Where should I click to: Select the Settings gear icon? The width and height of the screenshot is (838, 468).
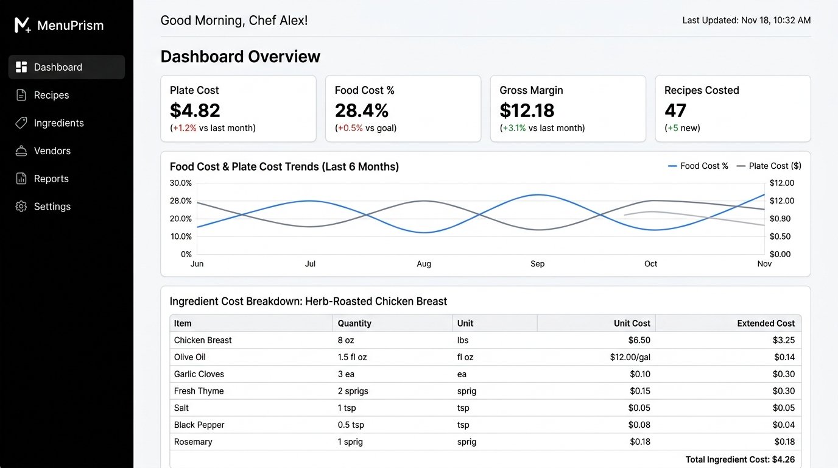(x=21, y=207)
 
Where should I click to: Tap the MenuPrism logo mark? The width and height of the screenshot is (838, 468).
(x=23, y=25)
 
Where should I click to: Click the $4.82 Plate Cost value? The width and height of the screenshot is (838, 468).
(x=195, y=110)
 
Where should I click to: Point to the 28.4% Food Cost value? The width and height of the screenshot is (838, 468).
(x=362, y=110)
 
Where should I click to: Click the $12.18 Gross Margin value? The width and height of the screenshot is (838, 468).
(x=527, y=110)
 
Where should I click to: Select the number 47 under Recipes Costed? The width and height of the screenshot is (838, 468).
(x=675, y=110)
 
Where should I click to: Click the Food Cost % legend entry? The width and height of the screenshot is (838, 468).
(x=698, y=166)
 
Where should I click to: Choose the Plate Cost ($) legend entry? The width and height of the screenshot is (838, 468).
(x=769, y=166)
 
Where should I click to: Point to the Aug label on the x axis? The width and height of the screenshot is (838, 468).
(x=424, y=264)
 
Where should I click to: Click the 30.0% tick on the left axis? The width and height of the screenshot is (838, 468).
(x=181, y=183)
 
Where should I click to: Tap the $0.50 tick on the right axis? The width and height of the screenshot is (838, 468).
(x=780, y=236)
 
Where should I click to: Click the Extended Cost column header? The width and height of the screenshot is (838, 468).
(x=766, y=323)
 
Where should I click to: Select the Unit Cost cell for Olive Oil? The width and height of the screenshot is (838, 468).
(x=630, y=357)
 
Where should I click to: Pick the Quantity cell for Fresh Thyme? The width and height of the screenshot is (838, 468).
(x=353, y=391)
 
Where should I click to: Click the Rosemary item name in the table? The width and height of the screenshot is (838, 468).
(x=193, y=442)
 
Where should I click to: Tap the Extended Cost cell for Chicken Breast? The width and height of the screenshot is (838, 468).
(x=784, y=340)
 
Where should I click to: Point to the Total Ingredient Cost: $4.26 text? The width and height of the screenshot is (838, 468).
(x=740, y=459)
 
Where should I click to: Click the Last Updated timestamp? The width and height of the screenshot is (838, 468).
(x=747, y=20)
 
